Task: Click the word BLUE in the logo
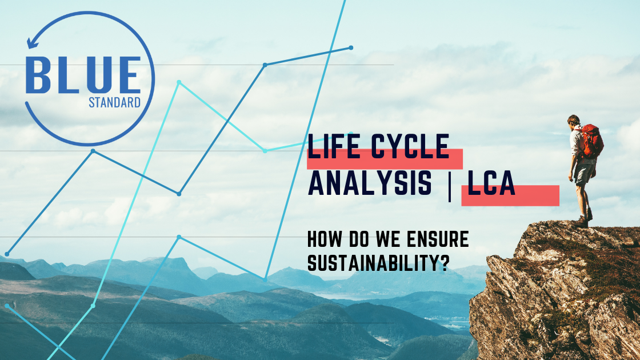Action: [x=83, y=75]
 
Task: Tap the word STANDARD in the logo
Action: [x=115, y=102]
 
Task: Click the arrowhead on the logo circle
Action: [x=31, y=42]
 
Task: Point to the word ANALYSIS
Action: [x=370, y=183]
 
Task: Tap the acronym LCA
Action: [x=491, y=183]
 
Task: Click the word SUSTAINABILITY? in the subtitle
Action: [x=378, y=263]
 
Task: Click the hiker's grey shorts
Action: [x=584, y=174]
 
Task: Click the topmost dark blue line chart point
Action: [x=351, y=48]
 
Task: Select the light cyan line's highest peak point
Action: [x=179, y=82]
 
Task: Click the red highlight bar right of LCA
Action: [x=537, y=195]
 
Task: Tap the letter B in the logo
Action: [x=38, y=75]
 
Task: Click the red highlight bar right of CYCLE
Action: [x=456, y=159]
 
